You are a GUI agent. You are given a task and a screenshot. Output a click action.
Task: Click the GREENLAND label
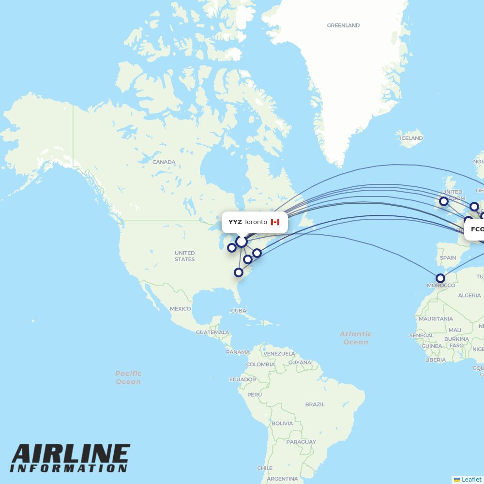pyautogui.click(x=343, y=25)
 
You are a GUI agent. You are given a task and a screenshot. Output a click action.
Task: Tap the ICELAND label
pyautogui.click(x=411, y=138)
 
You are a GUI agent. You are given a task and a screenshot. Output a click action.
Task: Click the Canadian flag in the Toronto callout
pyautogui.click(x=275, y=222)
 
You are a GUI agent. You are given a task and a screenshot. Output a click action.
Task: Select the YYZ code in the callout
pyautogui.click(x=235, y=222)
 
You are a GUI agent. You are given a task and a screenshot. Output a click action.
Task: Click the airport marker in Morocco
pyautogui.click(x=440, y=278)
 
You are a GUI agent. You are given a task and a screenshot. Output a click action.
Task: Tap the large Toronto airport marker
pyautogui.click(x=241, y=241)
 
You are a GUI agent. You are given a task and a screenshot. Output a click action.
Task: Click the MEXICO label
pyautogui.click(x=180, y=309)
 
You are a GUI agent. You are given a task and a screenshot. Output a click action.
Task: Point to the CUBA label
pyautogui.click(x=239, y=311)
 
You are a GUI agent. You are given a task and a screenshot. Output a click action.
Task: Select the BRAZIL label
pyautogui.click(x=315, y=404)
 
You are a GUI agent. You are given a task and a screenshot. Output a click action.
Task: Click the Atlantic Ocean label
pyautogui.click(x=356, y=338)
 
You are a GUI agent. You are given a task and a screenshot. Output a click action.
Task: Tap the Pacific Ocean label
pyautogui.click(x=128, y=378)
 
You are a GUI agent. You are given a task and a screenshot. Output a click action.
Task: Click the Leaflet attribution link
pyautogui.click(x=471, y=479)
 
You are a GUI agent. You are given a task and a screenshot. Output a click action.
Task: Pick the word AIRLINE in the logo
pyautogui.click(x=71, y=454)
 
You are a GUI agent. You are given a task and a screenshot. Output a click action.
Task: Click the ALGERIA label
pyautogui.click(x=469, y=295)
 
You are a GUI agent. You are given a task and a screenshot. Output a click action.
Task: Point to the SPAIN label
pyautogui.click(x=448, y=257)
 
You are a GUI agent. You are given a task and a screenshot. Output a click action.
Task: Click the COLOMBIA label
pyautogui.click(x=260, y=364)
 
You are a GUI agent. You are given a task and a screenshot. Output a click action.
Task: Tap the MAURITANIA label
pyautogui.click(x=436, y=319)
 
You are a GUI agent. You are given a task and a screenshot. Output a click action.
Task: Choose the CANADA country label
pyautogui.click(x=164, y=162)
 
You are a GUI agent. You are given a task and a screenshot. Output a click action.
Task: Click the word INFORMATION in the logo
pyautogui.click(x=69, y=469)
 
